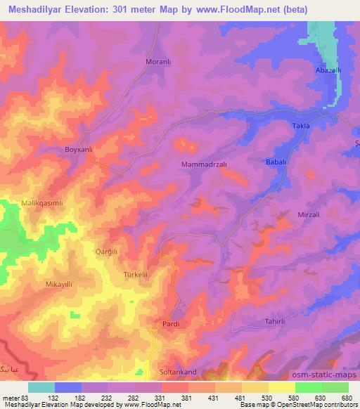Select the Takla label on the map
coord(301,125)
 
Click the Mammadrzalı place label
coord(203,164)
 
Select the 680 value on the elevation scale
coord(346,398)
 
